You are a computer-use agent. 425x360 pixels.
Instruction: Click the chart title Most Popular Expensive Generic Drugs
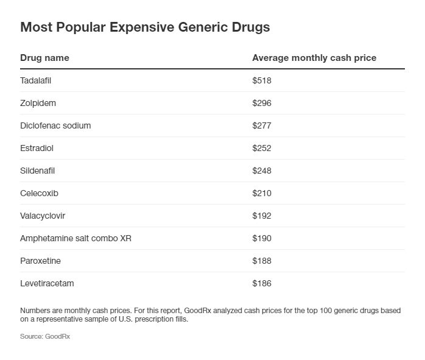pyautogui.click(x=145, y=28)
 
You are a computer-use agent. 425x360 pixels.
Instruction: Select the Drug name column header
pyautogui.click(x=44, y=58)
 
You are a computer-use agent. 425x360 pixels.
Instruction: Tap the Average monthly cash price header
pyautogui.click(x=314, y=58)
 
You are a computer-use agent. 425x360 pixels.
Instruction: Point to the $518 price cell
pyautogui.click(x=262, y=80)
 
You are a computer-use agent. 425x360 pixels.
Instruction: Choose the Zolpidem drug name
pyautogui.click(x=38, y=103)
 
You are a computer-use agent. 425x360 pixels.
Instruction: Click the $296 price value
pyautogui.click(x=262, y=103)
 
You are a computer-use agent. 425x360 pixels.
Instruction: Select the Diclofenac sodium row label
pyautogui.click(x=55, y=125)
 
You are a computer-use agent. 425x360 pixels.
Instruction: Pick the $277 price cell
pyautogui.click(x=262, y=125)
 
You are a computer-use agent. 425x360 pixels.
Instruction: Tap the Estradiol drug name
pyautogui.click(x=37, y=148)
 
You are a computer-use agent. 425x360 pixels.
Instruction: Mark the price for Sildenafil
pyautogui.click(x=262, y=171)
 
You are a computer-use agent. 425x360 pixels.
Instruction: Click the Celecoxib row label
pyautogui.click(x=39, y=193)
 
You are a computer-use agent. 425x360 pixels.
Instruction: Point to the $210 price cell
pyautogui.click(x=262, y=193)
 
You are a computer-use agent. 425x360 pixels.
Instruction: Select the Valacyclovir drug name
pyautogui.click(x=43, y=216)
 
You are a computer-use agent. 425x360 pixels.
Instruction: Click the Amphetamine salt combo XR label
pyautogui.click(x=76, y=238)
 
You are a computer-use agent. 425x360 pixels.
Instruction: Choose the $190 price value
pyautogui.click(x=262, y=238)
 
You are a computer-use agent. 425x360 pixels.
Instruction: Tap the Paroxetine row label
pyautogui.click(x=40, y=261)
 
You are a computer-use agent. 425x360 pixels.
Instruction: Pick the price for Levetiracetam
pyautogui.click(x=262, y=283)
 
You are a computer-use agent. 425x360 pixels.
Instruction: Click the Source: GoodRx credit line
pyautogui.click(x=45, y=336)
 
